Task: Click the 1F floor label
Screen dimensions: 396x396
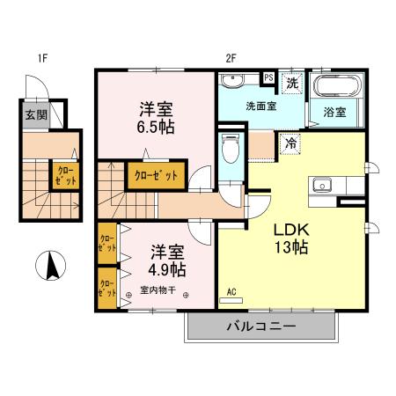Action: point(41,60)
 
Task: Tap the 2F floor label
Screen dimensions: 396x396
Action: point(231,60)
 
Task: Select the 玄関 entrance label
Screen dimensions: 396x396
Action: point(35,114)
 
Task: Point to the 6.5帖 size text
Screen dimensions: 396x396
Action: point(155,127)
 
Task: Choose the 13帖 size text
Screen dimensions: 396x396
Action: point(290,247)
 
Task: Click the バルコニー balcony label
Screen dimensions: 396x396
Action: point(261,326)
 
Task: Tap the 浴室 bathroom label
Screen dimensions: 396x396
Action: point(334,113)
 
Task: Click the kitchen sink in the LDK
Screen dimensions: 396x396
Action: point(320,186)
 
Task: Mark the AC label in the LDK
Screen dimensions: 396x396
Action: point(232,291)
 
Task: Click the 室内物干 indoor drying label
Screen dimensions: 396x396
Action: point(158,290)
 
